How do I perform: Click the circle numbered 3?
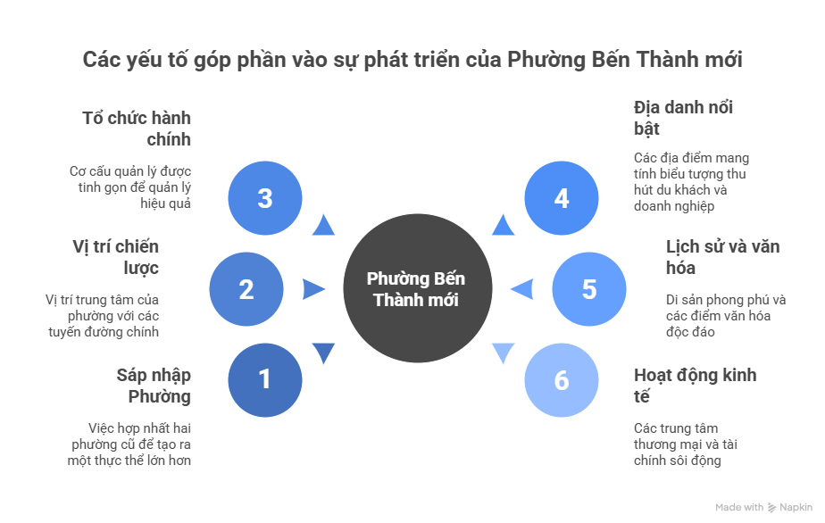pyautogui.click(x=264, y=198)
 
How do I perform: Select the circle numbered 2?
pyautogui.click(x=246, y=289)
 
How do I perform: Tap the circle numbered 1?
pyautogui.click(x=264, y=380)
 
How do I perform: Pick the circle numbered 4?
pyautogui.click(x=561, y=198)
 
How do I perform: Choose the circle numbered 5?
pyautogui.click(x=587, y=289)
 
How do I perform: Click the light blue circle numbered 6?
pyautogui.click(x=561, y=380)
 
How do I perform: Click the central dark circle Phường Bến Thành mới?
pyautogui.click(x=417, y=289)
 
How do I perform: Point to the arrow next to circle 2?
pyautogui.click(x=314, y=289)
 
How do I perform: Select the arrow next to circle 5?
pyautogui.click(x=521, y=289)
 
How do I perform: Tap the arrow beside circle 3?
pyautogui.click(x=323, y=226)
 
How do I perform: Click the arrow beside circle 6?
pyautogui.click(x=503, y=353)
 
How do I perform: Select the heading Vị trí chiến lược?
pyautogui.click(x=117, y=257)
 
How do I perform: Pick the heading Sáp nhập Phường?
pyautogui.click(x=154, y=386)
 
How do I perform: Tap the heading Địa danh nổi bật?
pyautogui.click(x=683, y=118)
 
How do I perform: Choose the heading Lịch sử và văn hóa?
pyautogui.click(x=710, y=257)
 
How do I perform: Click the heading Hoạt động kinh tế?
pyautogui.click(x=694, y=386)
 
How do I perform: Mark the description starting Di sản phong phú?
pyautogui.click(x=725, y=315)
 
